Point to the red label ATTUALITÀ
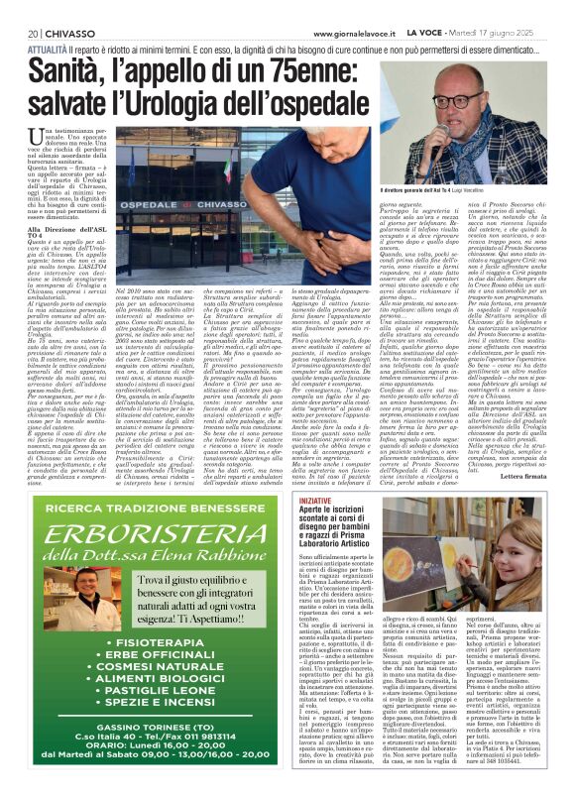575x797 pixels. click(x=47, y=49)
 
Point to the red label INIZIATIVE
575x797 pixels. click(x=317, y=502)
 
